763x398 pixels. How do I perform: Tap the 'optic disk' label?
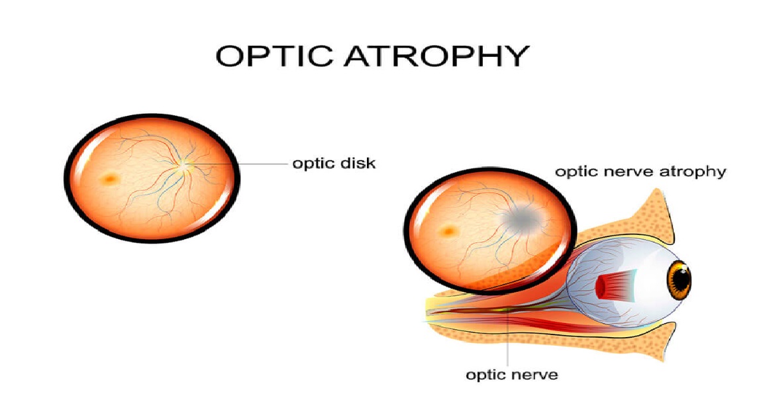click(334, 163)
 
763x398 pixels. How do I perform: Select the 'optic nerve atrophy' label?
click(640, 172)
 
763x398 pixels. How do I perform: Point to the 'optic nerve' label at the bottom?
click(512, 375)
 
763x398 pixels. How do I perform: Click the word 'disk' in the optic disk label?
click(358, 163)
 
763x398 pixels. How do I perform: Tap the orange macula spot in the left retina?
click(108, 178)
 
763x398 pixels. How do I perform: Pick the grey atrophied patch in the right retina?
click(523, 217)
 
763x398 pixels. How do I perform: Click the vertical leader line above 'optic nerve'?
click(508, 344)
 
